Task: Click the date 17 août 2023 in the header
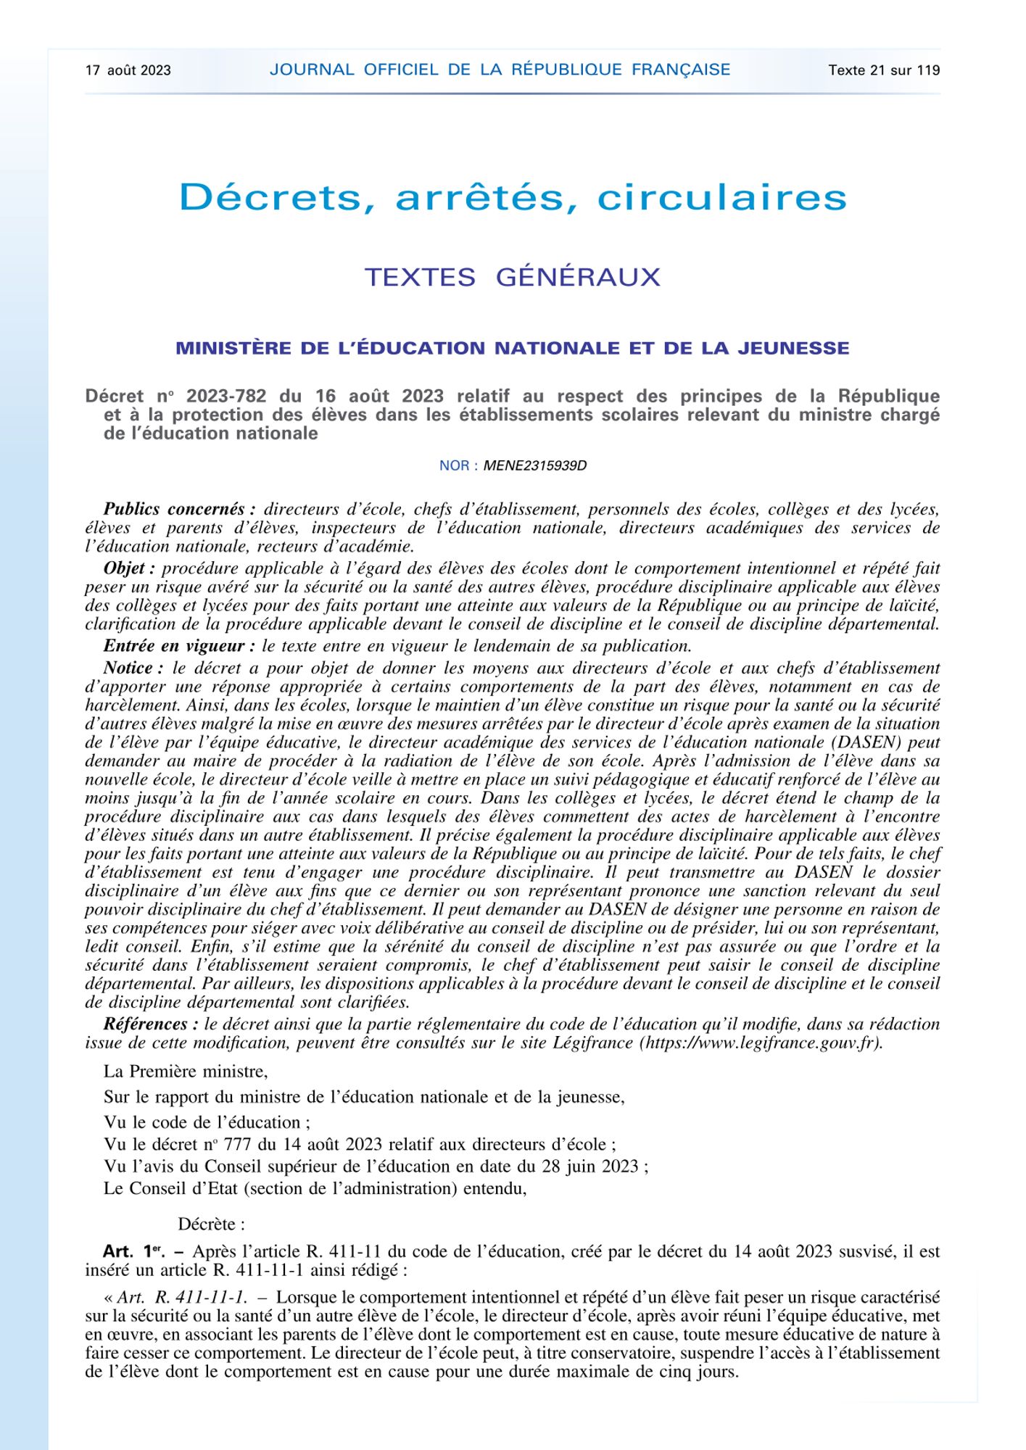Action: pyautogui.click(x=128, y=70)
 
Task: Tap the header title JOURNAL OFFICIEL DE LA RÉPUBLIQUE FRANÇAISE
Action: pyautogui.click(x=500, y=70)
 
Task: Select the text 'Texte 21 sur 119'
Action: pyautogui.click(x=884, y=70)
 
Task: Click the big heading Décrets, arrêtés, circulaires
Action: pyautogui.click(x=513, y=197)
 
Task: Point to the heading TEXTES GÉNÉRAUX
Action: pyautogui.click(x=513, y=277)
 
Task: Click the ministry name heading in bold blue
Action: pyautogui.click(x=513, y=348)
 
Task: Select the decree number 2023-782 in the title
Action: pyautogui.click(x=226, y=396)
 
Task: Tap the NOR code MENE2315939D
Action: pyautogui.click(x=534, y=465)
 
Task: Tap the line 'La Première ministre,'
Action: pyautogui.click(x=186, y=1071)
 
